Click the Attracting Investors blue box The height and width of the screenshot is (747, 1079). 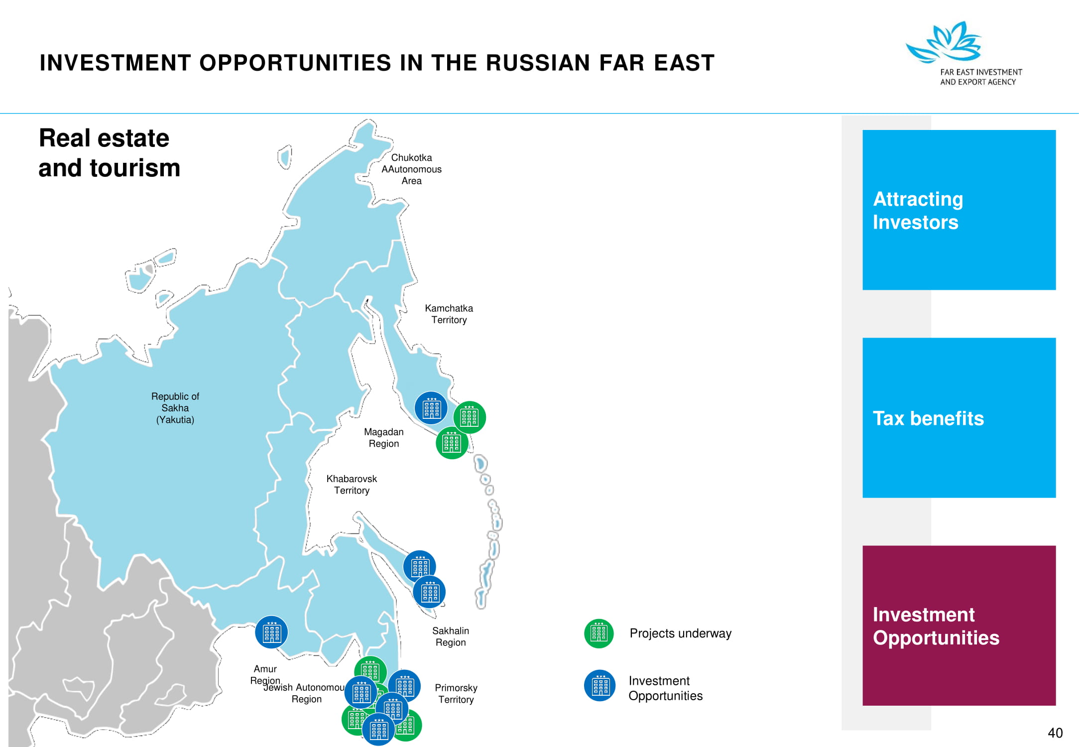(x=959, y=210)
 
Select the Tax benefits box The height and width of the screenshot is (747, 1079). (x=959, y=417)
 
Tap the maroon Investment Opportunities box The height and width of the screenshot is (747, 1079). (x=959, y=625)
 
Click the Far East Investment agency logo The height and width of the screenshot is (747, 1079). (x=963, y=54)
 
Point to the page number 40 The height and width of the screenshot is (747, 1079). (x=1055, y=733)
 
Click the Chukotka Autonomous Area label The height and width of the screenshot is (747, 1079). (x=411, y=169)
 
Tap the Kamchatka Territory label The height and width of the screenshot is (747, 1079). (x=449, y=314)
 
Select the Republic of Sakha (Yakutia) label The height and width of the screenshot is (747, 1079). (x=175, y=408)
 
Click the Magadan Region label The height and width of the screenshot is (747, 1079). (x=383, y=438)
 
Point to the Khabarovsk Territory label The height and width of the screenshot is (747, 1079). (x=352, y=485)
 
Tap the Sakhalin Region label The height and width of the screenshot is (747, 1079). (x=451, y=636)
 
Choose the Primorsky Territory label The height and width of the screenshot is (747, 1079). (x=456, y=694)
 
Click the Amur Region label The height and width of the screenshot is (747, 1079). (x=265, y=675)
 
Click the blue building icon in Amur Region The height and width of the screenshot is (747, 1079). (x=271, y=632)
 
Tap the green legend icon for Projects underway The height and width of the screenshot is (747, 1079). (x=599, y=633)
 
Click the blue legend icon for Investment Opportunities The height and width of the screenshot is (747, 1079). (x=600, y=686)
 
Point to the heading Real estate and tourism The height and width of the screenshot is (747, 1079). (x=109, y=153)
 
